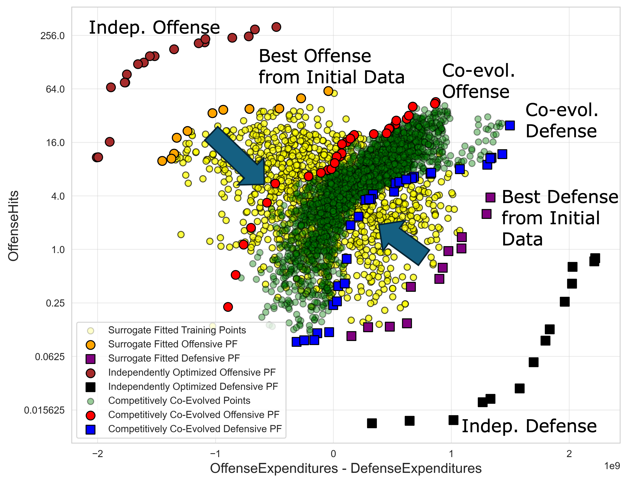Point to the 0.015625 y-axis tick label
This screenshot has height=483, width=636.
coord(44,410)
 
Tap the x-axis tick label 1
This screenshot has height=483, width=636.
coord(451,454)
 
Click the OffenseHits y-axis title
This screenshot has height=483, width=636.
coord(13,226)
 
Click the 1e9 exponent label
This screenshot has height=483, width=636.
coord(612,466)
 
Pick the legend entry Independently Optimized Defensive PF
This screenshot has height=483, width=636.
coord(193,387)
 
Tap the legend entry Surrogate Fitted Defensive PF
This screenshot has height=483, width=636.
coord(174,358)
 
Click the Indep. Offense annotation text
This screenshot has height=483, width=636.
coord(154,28)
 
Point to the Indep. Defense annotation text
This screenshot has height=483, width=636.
coord(529,426)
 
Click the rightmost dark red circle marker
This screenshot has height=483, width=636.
coord(276,27)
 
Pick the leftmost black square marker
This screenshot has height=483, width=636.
coord(372,423)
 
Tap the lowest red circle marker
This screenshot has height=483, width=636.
coord(228,307)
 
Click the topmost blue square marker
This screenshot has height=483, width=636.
coord(510,126)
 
